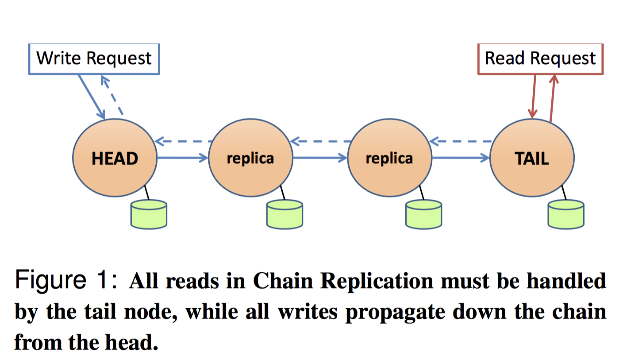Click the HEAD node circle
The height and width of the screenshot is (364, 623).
[x=115, y=158]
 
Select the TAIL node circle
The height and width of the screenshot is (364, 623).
[x=532, y=158]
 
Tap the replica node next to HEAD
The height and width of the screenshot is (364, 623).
[x=250, y=158]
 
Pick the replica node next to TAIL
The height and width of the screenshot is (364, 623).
[x=389, y=158]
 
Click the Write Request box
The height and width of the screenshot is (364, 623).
[x=94, y=58]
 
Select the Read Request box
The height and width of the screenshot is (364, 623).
[x=540, y=58]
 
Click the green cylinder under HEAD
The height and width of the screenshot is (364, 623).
[x=149, y=214]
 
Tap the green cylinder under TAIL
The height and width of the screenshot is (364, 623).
[x=565, y=214]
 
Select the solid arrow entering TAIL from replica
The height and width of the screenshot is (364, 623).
[x=460, y=157]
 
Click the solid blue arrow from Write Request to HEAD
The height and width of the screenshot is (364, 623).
[x=92, y=97]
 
